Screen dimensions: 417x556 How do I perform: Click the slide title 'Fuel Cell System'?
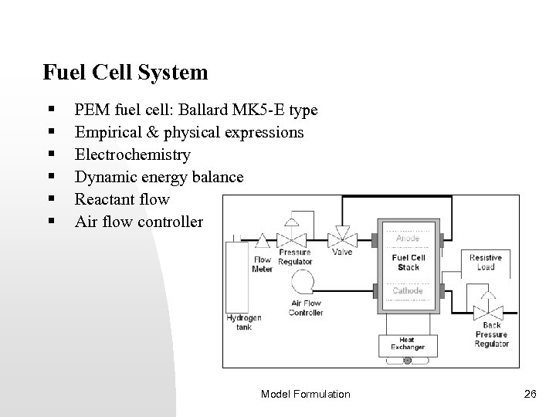(x=126, y=73)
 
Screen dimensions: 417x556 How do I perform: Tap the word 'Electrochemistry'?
(x=132, y=155)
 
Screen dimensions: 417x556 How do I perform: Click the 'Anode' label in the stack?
(x=407, y=239)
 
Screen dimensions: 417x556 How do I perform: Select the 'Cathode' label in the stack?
(x=407, y=291)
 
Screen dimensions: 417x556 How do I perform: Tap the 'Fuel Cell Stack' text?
(x=408, y=262)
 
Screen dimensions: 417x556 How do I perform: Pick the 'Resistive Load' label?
(x=486, y=262)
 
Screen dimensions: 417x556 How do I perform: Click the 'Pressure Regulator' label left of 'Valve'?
(x=295, y=256)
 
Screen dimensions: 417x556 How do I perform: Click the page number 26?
(x=529, y=394)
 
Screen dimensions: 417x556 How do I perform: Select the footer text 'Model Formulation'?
(x=305, y=394)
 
